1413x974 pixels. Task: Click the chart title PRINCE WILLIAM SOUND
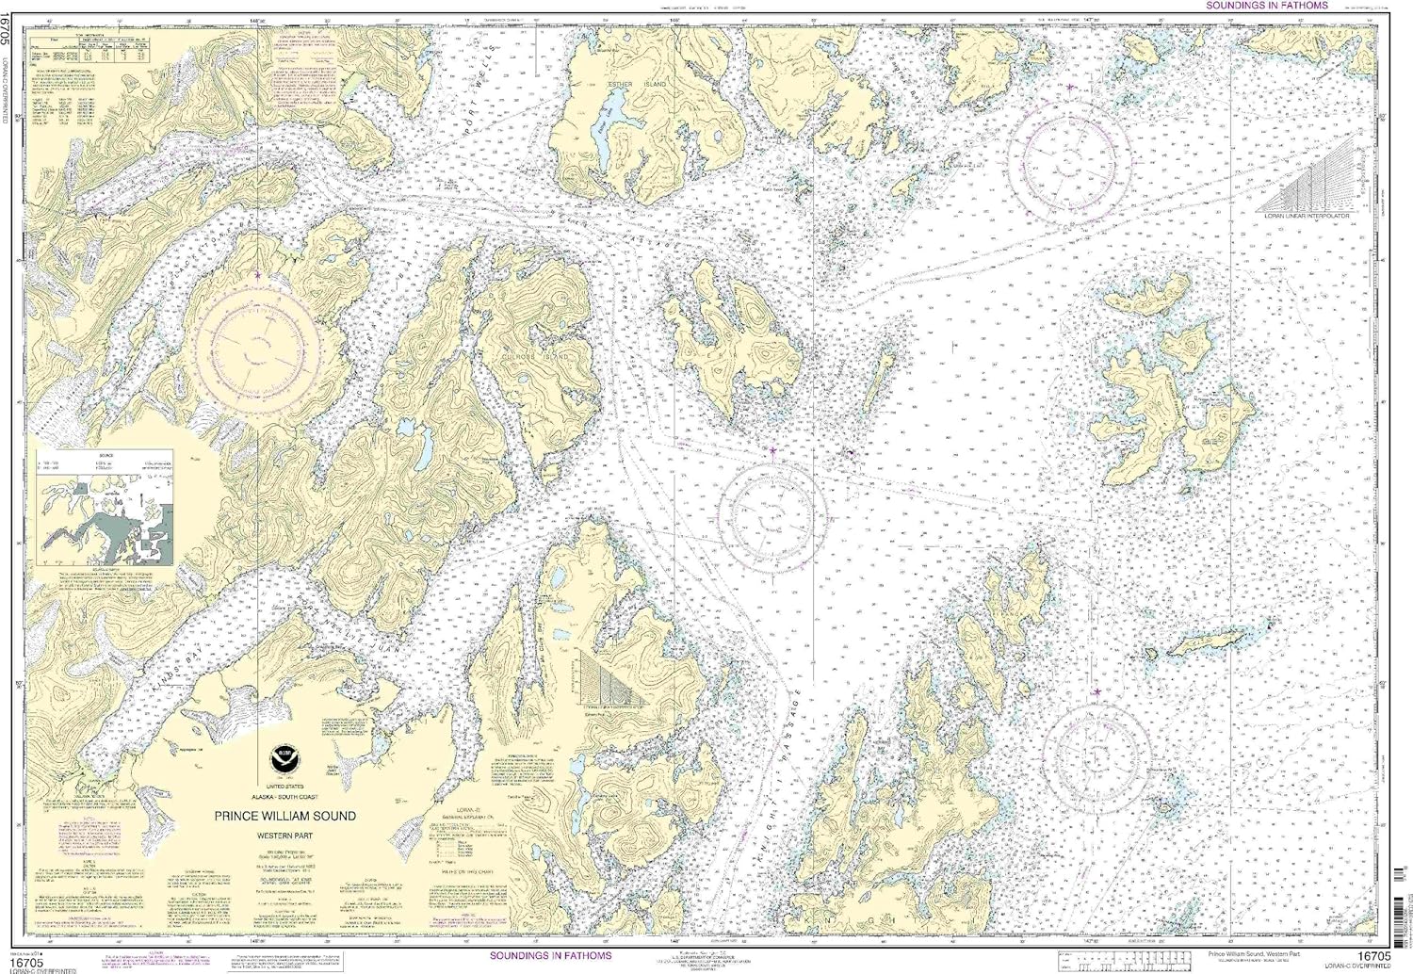(284, 816)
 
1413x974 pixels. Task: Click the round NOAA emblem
(284, 757)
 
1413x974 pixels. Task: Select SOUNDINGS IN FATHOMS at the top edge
(1267, 6)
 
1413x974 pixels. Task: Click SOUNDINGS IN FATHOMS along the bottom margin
(551, 955)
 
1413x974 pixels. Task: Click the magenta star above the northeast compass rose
(1070, 88)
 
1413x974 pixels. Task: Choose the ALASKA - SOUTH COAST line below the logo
(284, 797)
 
